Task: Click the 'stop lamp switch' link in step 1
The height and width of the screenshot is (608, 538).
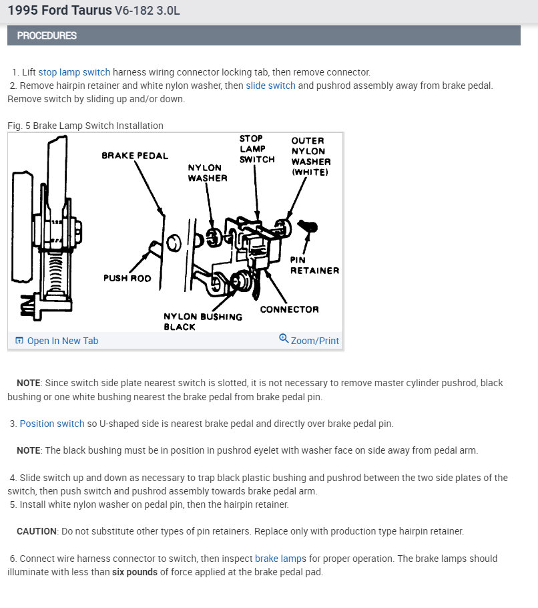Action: [x=74, y=72]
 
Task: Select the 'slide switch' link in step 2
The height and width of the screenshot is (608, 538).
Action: [x=270, y=86]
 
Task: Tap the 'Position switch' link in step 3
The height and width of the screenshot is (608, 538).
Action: [x=52, y=424]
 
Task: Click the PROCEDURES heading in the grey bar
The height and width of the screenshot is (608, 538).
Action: [x=47, y=35]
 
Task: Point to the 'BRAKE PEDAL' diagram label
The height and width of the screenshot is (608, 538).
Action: [x=135, y=156]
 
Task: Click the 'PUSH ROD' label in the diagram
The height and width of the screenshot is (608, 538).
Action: [x=127, y=278]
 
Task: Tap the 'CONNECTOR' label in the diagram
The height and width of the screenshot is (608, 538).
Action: [x=289, y=309]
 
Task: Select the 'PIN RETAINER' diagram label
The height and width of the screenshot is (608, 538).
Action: [x=314, y=265]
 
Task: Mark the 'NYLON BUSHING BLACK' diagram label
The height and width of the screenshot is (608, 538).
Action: [x=194, y=321]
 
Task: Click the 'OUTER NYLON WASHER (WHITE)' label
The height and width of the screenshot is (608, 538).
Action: [x=310, y=156]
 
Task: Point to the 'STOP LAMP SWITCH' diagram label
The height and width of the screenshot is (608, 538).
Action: [x=257, y=149]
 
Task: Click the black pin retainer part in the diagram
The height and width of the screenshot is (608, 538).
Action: [x=308, y=226]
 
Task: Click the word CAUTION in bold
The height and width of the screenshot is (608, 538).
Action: [x=37, y=531]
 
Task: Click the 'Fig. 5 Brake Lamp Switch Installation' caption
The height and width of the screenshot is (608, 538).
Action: [x=85, y=126]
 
